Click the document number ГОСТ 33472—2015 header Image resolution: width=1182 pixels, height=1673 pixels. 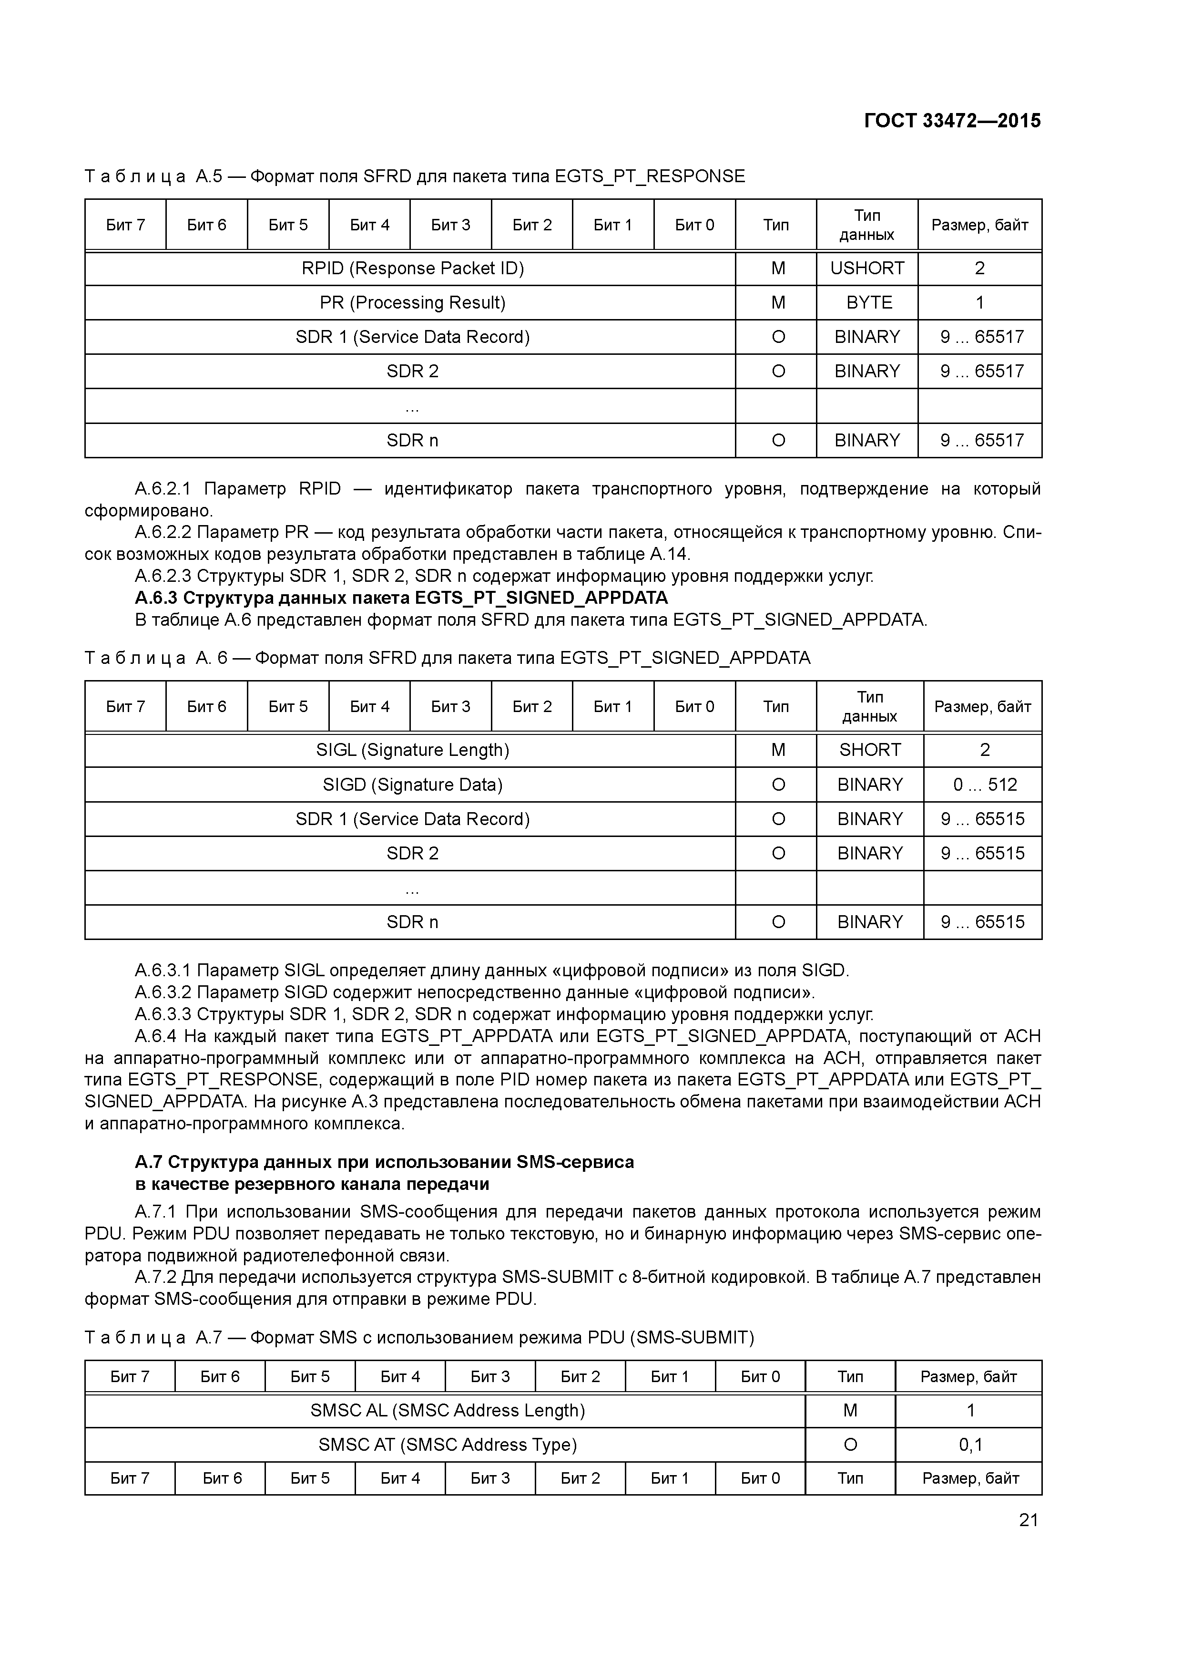pos(952,121)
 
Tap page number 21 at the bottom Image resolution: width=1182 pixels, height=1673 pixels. pos(1029,1519)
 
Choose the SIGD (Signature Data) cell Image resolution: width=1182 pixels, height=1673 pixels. pos(412,785)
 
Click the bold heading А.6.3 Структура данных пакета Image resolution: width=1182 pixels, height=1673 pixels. pos(400,598)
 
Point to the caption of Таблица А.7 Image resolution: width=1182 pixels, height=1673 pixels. pos(419,1337)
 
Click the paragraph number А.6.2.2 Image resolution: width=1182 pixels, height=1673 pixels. pos(162,533)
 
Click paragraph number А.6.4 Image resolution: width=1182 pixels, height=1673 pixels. pos(155,1036)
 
